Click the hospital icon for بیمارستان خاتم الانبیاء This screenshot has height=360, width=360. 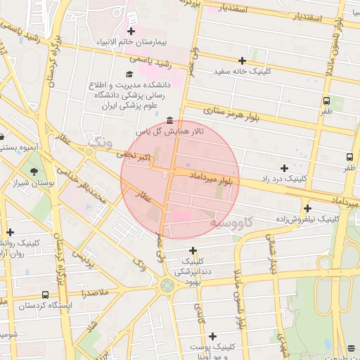(131, 31)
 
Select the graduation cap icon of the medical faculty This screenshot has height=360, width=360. (129, 74)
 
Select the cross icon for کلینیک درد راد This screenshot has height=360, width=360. (284, 168)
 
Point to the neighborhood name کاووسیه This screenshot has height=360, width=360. (237, 223)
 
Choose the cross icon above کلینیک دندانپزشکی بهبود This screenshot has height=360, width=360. (193, 250)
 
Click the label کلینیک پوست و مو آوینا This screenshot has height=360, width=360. (214, 352)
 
